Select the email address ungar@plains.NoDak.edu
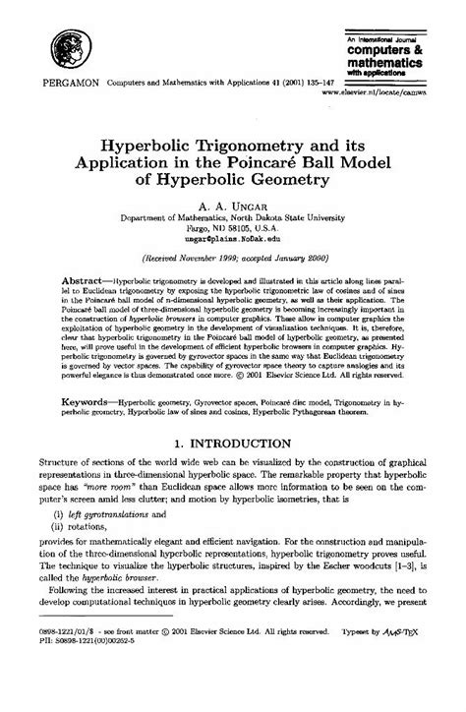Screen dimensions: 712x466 point(233,238)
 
